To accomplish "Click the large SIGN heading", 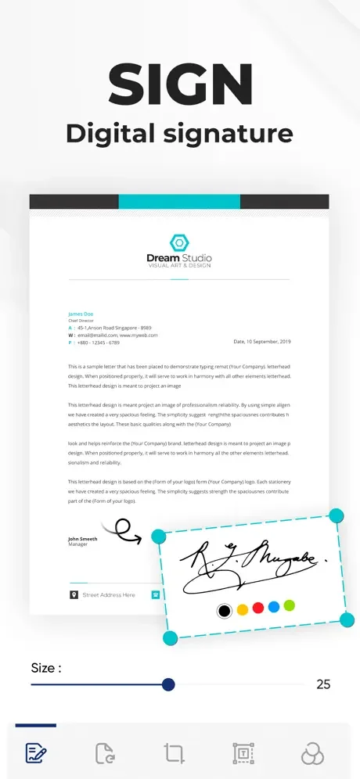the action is tap(180, 86).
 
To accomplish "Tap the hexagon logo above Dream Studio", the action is tap(179, 242).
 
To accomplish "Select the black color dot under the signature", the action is tap(225, 610).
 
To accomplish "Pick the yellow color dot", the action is tap(243, 609).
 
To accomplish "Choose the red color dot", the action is tap(258, 608).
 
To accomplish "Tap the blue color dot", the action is tap(274, 606).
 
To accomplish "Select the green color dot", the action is tap(289, 605).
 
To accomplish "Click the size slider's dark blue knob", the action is tap(167, 684).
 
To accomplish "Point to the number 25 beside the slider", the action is tap(323, 684).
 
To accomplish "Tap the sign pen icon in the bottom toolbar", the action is tap(36, 754).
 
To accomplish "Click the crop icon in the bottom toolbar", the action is tap(174, 754).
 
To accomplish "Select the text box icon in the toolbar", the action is tap(243, 754).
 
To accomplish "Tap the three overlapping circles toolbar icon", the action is tap(312, 754).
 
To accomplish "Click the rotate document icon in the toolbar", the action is tap(105, 754).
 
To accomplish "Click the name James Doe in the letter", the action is tap(81, 314).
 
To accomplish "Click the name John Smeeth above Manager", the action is tap(82, 539).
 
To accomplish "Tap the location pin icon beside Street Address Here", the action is tap(74, 595).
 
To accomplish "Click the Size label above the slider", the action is tap(45, 668).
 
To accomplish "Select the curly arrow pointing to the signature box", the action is tap(125, 532).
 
